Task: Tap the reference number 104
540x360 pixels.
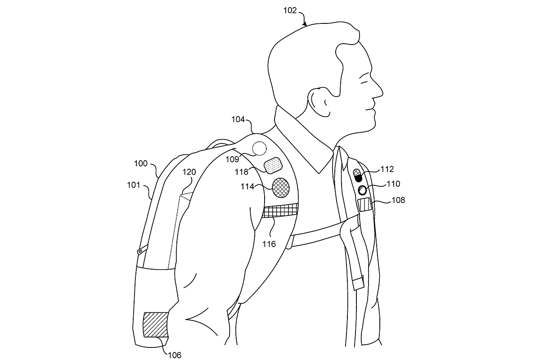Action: (238, 120)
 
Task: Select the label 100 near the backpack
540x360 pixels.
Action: (140, 164)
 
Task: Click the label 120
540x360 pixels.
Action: (189, 172)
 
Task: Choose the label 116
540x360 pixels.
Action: (270, 244)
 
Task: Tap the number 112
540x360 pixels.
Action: (387, 169)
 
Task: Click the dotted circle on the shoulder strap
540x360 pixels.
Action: (260, 148)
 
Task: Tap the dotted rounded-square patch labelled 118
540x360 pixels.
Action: (273, 166)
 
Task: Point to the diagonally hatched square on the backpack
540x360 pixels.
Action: (155, 325)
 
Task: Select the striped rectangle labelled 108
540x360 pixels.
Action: (364, 205)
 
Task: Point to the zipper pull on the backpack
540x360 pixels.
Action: (141, 248)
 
